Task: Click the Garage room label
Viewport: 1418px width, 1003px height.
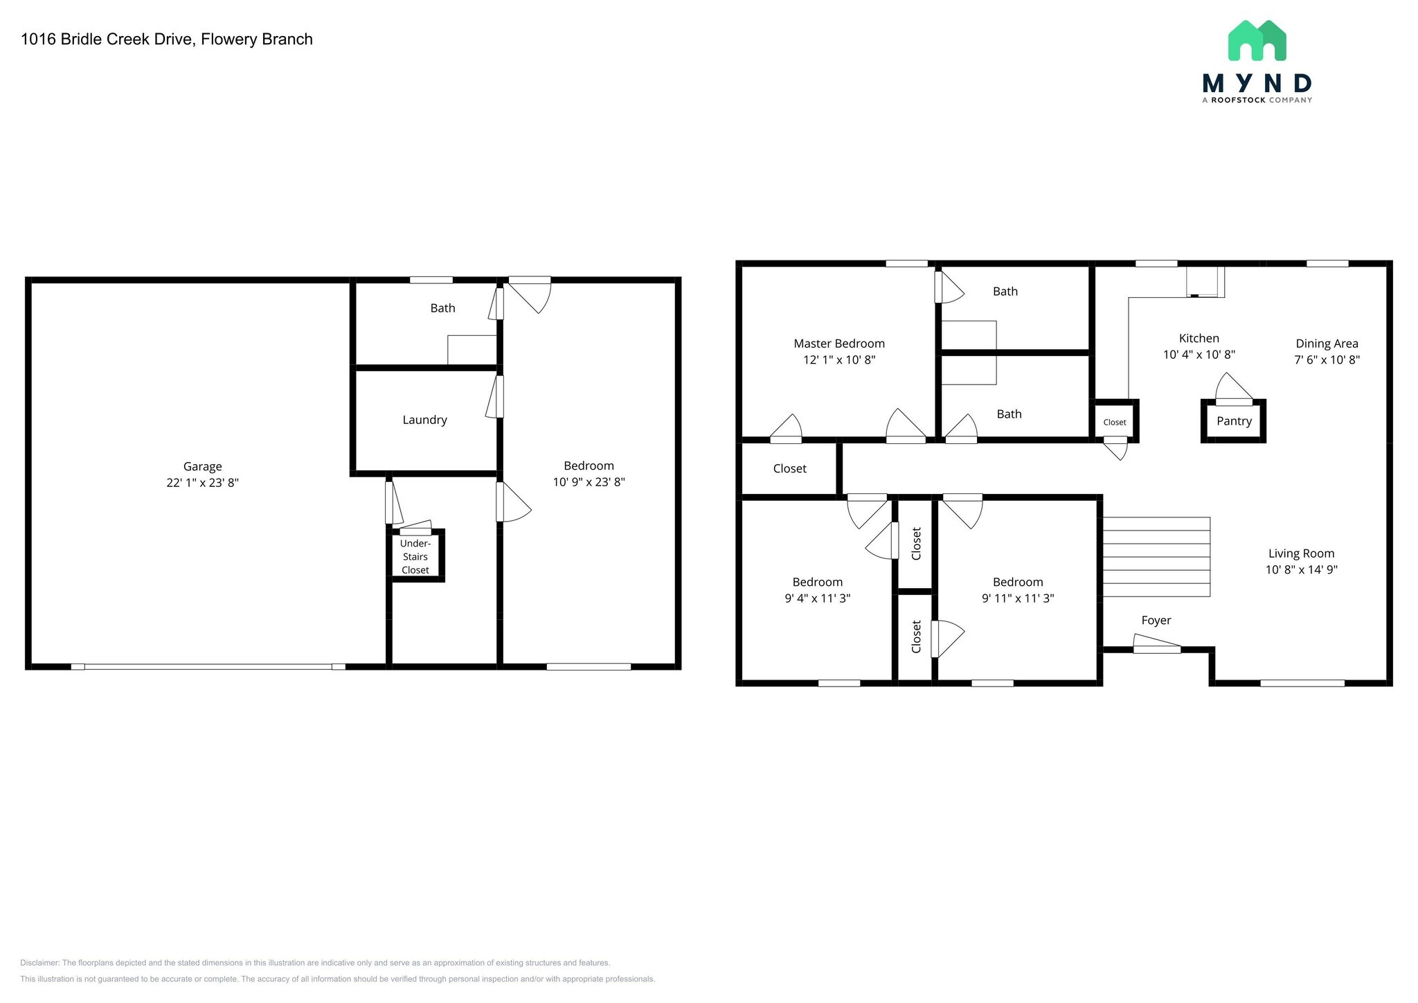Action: [202, 467]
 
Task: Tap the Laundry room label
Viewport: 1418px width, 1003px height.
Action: [424, 420]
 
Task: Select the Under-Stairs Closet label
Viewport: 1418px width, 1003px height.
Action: [415, 557]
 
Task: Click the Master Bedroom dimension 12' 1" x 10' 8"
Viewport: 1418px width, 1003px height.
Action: [838, 360]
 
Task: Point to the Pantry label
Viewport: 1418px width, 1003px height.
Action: [1234, 421]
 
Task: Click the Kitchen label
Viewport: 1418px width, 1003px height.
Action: [1199, 338]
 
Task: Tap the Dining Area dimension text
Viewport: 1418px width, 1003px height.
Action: [1327, 360]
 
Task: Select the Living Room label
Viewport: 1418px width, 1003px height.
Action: [1300, 553]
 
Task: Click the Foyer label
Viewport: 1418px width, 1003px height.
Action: [1156, 621]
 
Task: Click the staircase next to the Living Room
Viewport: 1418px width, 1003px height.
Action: [1156, 557]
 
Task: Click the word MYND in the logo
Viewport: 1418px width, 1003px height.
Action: [1257, 84]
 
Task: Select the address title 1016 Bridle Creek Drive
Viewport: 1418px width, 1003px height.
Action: [166, 39]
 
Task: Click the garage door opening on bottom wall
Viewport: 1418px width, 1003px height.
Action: [208, 666]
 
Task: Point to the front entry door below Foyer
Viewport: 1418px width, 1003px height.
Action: [1156, 648]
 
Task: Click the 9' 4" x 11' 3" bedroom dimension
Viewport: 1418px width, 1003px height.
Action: [817, 598]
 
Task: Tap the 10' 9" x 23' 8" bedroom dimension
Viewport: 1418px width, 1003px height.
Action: [589, 482]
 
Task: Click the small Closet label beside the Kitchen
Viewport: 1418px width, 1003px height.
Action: [1114, 423]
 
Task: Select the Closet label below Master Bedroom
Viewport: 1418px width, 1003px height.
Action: [789, 469]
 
